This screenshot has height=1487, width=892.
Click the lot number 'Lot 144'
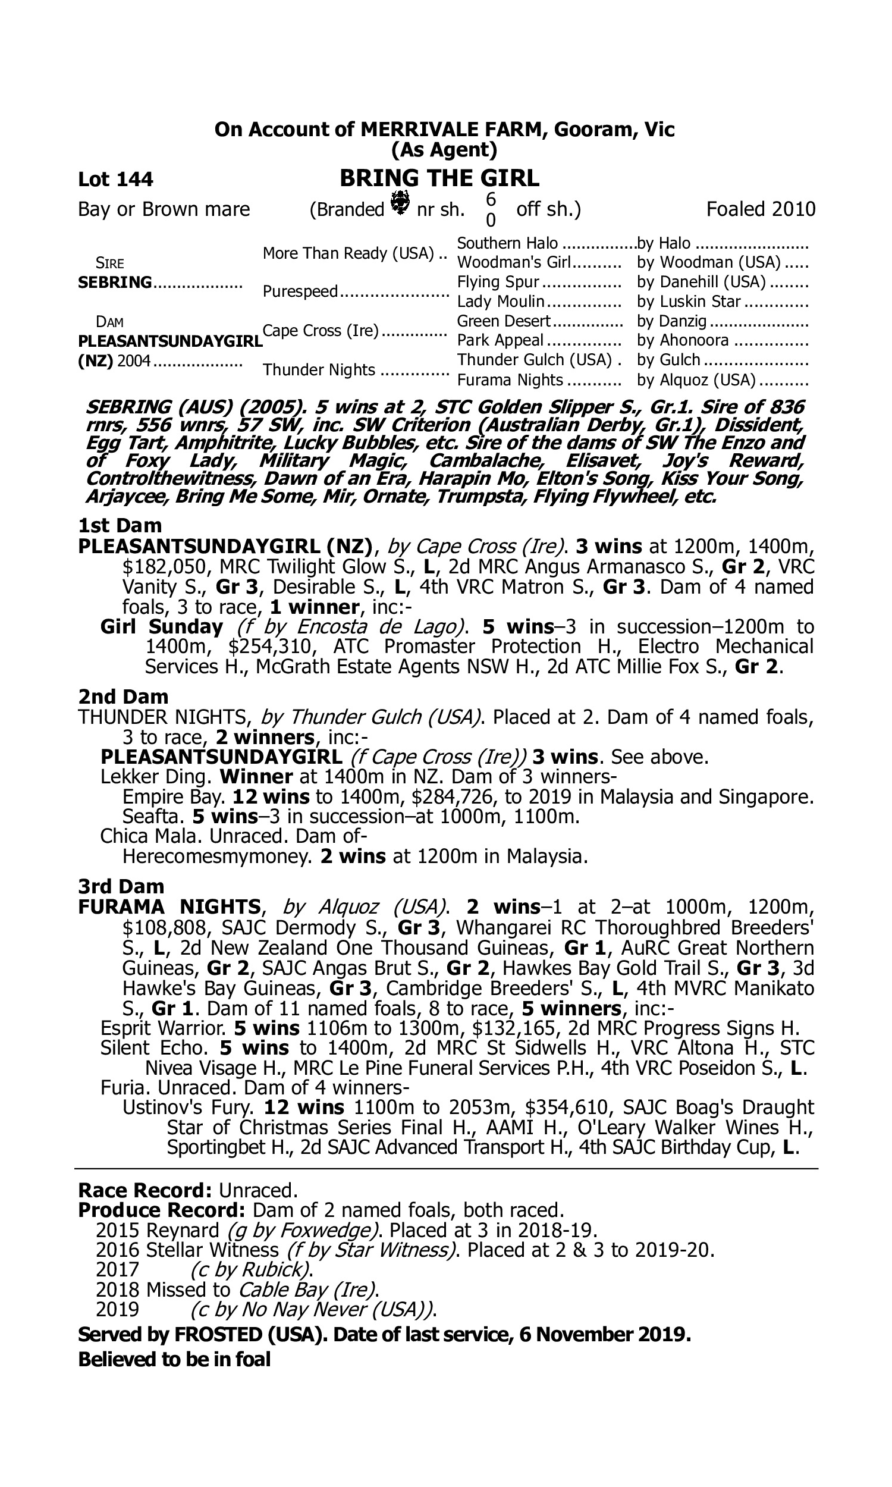(x=115, y=179)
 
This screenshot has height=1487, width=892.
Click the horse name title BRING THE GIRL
(x=439, y=178)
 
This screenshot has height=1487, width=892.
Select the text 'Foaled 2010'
(x=761, y=209)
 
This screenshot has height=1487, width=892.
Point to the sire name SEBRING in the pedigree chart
(x=115, y=282)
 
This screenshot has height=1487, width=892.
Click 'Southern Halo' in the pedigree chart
(x=507, y=243)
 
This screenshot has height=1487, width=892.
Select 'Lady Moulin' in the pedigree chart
(x=501, y=301)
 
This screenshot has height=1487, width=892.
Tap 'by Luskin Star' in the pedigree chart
(x=689, y=301)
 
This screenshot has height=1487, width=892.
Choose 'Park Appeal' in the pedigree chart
(x=500, y=340)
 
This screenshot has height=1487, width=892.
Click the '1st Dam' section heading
(x=120, y=525)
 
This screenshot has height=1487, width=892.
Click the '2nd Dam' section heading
(x=123, y=697)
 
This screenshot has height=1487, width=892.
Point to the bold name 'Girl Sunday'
(x=162, y=626)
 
